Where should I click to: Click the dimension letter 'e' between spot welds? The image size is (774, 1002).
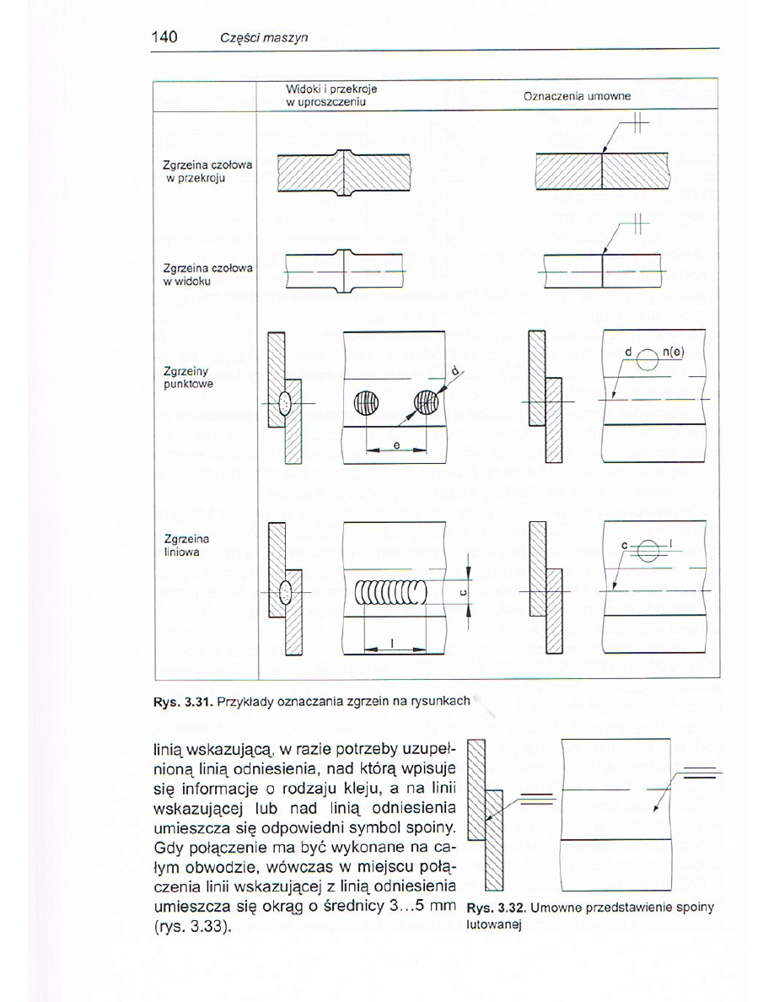tap(395, 444)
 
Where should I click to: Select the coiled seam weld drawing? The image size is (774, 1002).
tap(391, 595)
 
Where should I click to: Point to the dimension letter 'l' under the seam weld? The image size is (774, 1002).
tap(393, 644)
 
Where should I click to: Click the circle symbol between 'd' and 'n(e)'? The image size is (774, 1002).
tap(647, 359)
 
